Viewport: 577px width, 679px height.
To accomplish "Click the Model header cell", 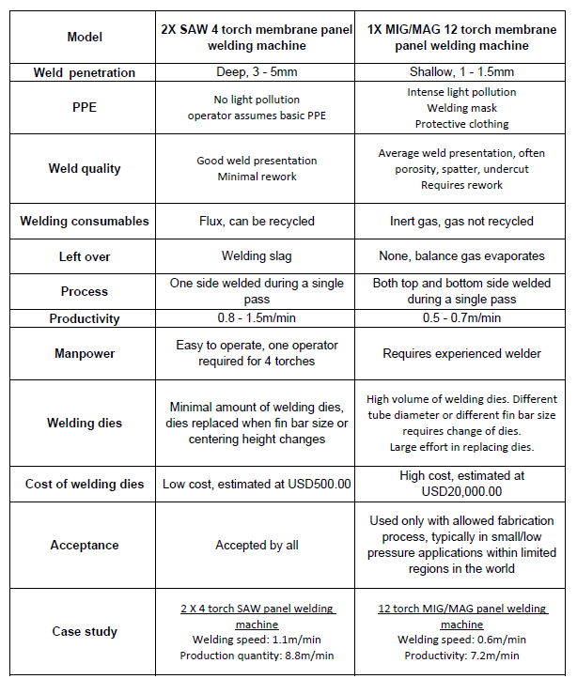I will click(x=85, y=37).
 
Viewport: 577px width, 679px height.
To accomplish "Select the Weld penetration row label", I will click(x=85, y=72).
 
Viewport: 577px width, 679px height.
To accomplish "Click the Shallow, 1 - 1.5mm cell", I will click(x=461, y=72).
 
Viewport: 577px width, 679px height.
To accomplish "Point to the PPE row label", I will click(x=85, y=107).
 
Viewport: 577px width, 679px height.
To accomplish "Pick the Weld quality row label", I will click(x=85, y=169).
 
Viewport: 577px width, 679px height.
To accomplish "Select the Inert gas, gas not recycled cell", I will click(x=461, y=222).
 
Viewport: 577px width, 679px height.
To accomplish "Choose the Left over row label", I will click(x=85, y=256).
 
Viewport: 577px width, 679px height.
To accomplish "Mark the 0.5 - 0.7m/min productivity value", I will click(x=461, y=318).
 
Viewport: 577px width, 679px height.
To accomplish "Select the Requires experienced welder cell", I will click(x=461, y=354).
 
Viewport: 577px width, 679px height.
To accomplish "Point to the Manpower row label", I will click(x=85, y=354).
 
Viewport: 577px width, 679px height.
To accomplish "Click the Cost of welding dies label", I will click(x=85, y=484).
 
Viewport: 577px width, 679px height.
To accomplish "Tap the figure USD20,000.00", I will click(x=461, y=491).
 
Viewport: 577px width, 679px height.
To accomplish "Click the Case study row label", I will click(x=85, y=631).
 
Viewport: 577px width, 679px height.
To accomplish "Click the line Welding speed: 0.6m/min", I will click(x=461, y=640).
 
